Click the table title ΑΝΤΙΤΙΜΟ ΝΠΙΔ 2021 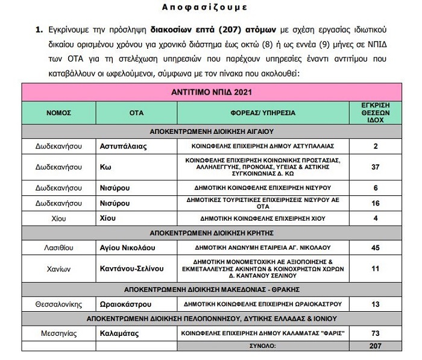coord(210,93)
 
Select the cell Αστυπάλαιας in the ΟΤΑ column coord(124,146)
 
